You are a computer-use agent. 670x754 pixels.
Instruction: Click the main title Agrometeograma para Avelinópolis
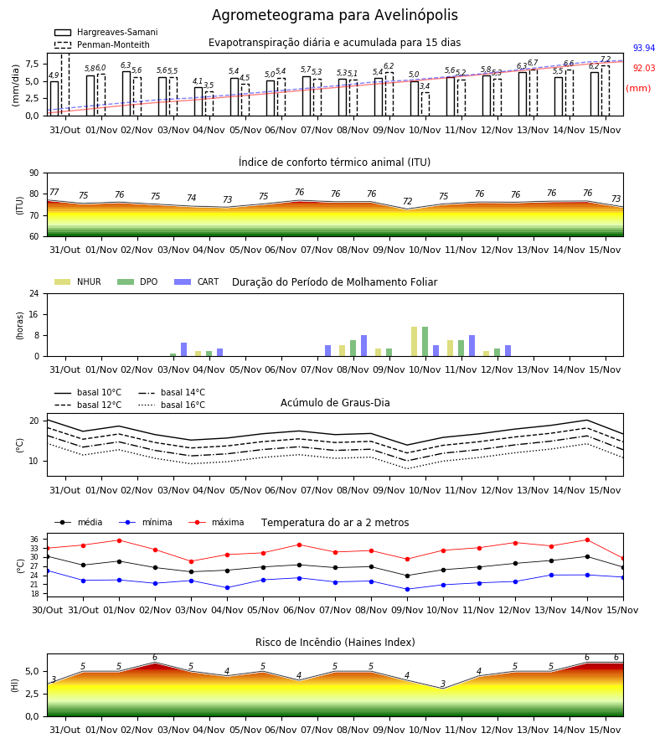pos(334,15)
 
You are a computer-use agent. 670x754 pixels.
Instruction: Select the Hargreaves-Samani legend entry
pos(106,32)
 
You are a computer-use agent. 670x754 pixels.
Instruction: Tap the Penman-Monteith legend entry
pos(102,44)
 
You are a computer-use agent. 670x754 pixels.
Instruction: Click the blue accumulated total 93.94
pos(644,48)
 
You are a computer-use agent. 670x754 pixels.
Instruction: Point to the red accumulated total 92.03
pos(644,69)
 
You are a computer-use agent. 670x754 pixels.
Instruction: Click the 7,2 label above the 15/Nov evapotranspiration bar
pos(606,59)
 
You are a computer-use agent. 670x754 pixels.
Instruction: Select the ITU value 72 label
pos(408,201)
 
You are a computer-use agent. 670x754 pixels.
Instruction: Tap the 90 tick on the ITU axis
pos(34,173)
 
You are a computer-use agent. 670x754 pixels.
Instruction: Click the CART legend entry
pos(197,281)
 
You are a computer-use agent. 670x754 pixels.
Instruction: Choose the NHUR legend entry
pos(78,281)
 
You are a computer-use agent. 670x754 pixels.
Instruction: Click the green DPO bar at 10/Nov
pos(425,342)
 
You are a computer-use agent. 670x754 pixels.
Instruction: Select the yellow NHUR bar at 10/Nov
pos(415,342)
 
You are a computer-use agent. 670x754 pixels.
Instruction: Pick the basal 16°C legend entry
pos(172,405)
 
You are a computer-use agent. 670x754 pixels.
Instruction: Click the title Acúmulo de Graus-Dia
pos(335,403)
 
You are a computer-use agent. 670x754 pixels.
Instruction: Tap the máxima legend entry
pos(216,522)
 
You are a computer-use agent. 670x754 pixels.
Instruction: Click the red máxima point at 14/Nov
pos(587,540)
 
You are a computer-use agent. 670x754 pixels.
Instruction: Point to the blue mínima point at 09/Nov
pos(408,589)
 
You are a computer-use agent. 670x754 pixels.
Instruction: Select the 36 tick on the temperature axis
pos(35,539)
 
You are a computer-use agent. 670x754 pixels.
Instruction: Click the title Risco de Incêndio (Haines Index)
pos(335,643)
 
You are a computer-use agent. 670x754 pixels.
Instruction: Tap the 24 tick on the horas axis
pos(34,294)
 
